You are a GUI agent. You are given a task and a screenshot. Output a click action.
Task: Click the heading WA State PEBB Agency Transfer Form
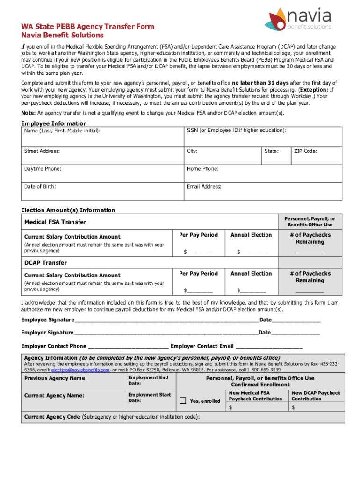88,27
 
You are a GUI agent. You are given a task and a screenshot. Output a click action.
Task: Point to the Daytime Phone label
43,169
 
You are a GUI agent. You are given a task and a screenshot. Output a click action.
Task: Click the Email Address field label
204,187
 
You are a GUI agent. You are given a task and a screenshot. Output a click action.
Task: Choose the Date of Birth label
40,187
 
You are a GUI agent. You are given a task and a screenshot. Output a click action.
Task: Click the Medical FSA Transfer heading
55,222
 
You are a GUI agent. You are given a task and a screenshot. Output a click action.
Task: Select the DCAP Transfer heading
45,263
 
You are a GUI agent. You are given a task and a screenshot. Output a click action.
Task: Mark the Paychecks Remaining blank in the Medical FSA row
310,253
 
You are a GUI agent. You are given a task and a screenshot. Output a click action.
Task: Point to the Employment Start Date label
149,398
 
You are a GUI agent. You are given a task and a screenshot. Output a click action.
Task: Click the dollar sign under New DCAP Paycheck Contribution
293,407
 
